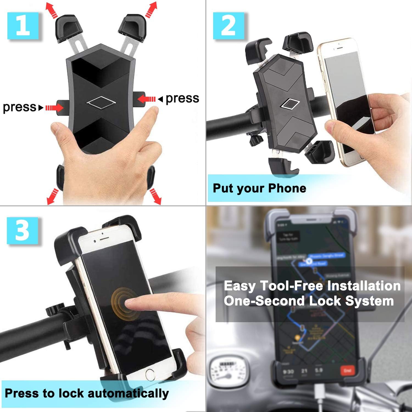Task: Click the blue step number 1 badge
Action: [x=23, y=26]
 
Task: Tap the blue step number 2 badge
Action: [x=228, y=26]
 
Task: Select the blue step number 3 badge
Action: [x=22, y=230]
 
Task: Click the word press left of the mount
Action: [x=19, y=107]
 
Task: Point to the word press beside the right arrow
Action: [x=182, y=98]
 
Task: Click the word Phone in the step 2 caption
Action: [x=287, y=188]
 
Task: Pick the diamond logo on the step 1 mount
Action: [x=101, y=102]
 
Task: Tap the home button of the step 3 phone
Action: [x=150, y=374]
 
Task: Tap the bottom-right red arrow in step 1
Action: [x=155, y=196]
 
